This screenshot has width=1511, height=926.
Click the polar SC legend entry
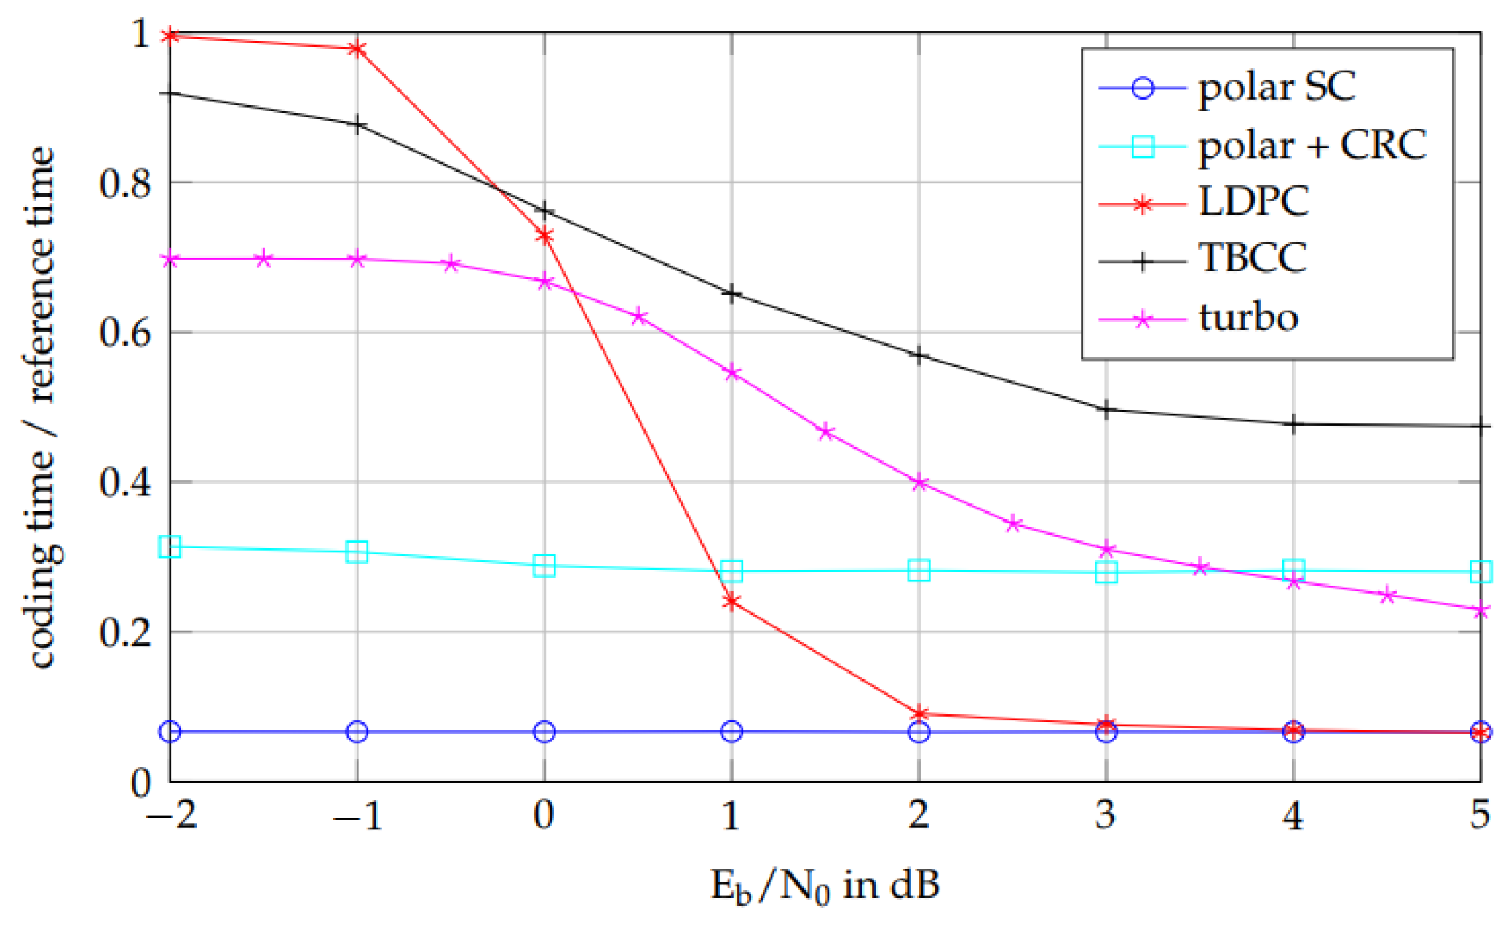tap(1276, 88)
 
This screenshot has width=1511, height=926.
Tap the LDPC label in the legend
tap(1253, 201)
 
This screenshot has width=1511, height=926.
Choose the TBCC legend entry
tap(1252, 258)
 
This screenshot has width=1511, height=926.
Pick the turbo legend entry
tap(1248, 317)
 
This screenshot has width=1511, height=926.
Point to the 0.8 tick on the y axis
tap(125, 183)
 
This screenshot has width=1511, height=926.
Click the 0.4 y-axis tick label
tap(125, 482)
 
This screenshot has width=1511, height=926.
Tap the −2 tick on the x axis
tap(170, 815)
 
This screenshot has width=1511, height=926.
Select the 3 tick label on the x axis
tap(1106, 815)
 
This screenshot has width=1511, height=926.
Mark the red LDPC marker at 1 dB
tap(731, 602)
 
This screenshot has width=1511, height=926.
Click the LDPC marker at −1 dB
tap(357, 49)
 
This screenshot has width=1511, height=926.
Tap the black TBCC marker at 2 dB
tap(919, 356)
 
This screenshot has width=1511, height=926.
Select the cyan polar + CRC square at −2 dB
tap(170, 546)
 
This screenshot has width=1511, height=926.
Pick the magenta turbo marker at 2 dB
tap(919, 483)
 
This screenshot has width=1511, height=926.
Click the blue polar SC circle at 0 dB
tap(544, 732)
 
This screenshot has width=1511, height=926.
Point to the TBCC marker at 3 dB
tap(1106, 410)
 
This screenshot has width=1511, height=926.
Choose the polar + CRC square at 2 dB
tap(919, 571)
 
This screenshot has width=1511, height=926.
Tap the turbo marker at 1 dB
tap(731, 374)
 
